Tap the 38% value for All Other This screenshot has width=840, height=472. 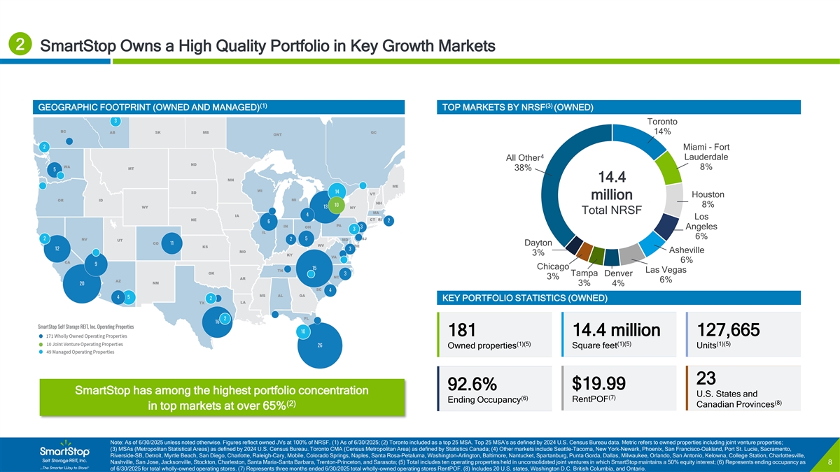pos(523,168)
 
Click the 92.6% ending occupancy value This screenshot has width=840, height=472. pos(472,384)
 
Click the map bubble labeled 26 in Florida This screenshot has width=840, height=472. pos(320,345)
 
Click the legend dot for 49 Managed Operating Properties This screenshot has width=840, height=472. pos(41,352)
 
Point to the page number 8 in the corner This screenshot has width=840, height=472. pos(829,462)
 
